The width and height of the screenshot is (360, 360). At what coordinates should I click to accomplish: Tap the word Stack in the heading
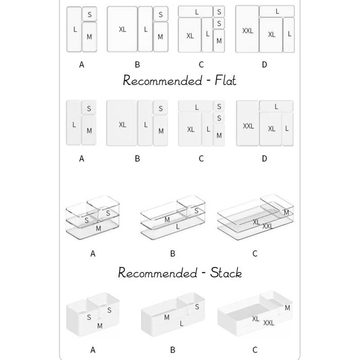click(226, 273)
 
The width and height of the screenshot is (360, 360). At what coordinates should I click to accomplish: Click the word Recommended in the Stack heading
click(157, 273)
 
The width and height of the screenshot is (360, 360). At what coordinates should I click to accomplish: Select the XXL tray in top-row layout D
click(247, 30)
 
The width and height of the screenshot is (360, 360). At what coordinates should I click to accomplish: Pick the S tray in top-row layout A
click(89, 14)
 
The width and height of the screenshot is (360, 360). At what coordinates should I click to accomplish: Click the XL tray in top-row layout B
click(122, 29)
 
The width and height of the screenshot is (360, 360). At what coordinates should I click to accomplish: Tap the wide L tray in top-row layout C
click(196, 11)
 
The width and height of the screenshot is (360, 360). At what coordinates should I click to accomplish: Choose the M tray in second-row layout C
click(219, 135)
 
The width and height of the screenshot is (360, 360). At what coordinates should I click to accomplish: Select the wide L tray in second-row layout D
click(276, 106)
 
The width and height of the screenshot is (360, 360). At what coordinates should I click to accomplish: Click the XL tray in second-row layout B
click(122, 124)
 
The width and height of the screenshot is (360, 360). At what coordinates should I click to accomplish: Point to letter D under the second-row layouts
click(265, 158)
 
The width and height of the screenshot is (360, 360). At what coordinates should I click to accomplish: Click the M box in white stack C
click(288, 307)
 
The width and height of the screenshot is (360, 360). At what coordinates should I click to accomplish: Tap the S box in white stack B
click(197, 306)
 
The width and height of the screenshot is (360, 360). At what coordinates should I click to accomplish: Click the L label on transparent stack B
click(178, 228)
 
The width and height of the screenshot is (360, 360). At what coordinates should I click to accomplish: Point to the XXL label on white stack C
click(269, 323)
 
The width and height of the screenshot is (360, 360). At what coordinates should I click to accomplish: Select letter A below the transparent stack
click(93, 254)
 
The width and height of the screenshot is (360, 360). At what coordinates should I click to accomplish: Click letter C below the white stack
click(255, 350)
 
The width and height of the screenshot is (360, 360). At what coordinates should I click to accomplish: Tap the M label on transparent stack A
click(98, 229)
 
